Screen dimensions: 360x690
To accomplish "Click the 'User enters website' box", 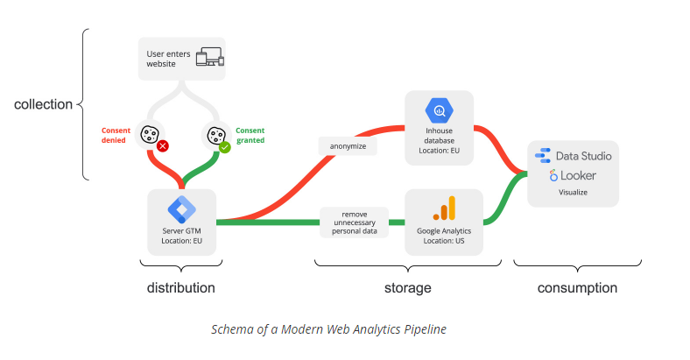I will pyautogui.click(x=182, y=59).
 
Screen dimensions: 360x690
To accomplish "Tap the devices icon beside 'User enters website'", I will pyautogui.click(x=209, y=59).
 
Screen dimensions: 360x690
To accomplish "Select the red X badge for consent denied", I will pyautogui.click(x=162, y=146).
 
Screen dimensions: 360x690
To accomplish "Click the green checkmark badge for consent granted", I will pyautogui.click(x=224, y=147).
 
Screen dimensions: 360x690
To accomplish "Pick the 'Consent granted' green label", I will pyautogui.click(x=250, y=135).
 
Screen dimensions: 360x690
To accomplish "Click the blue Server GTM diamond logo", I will pyautogui.click(x=182, y=209).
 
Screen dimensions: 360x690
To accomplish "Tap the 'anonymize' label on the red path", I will pyautogui.click(x=348, y=146).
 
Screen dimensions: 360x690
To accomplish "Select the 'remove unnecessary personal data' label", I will pyautogui.click(x=354, y=222).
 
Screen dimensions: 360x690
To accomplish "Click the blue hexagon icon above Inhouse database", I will pyautogui.click(x=438, y=111).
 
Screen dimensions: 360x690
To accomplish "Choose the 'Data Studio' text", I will pyautogui.click(x=583, y=156).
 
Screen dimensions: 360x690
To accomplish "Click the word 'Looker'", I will pyautogui.click(x=580, y=175).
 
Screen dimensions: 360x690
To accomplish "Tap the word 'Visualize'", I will pyautogui.click(x=573, y=192).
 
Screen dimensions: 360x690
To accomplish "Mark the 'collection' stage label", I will pyautogui.click(x=43, y=104).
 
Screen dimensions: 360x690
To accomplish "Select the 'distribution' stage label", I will pyautogui.click(x=180, y=287).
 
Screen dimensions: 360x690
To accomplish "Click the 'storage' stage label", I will pyautogui.click(x=407, y=287).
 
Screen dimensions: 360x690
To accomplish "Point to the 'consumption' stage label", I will pyautogui.click(x=577, y=287).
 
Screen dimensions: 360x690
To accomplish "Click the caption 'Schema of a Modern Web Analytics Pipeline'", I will pyautogui.click(x=328, y=329).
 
